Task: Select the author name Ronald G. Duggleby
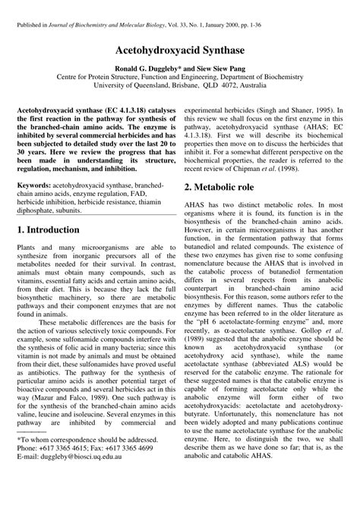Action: click(x=147, y=68)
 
